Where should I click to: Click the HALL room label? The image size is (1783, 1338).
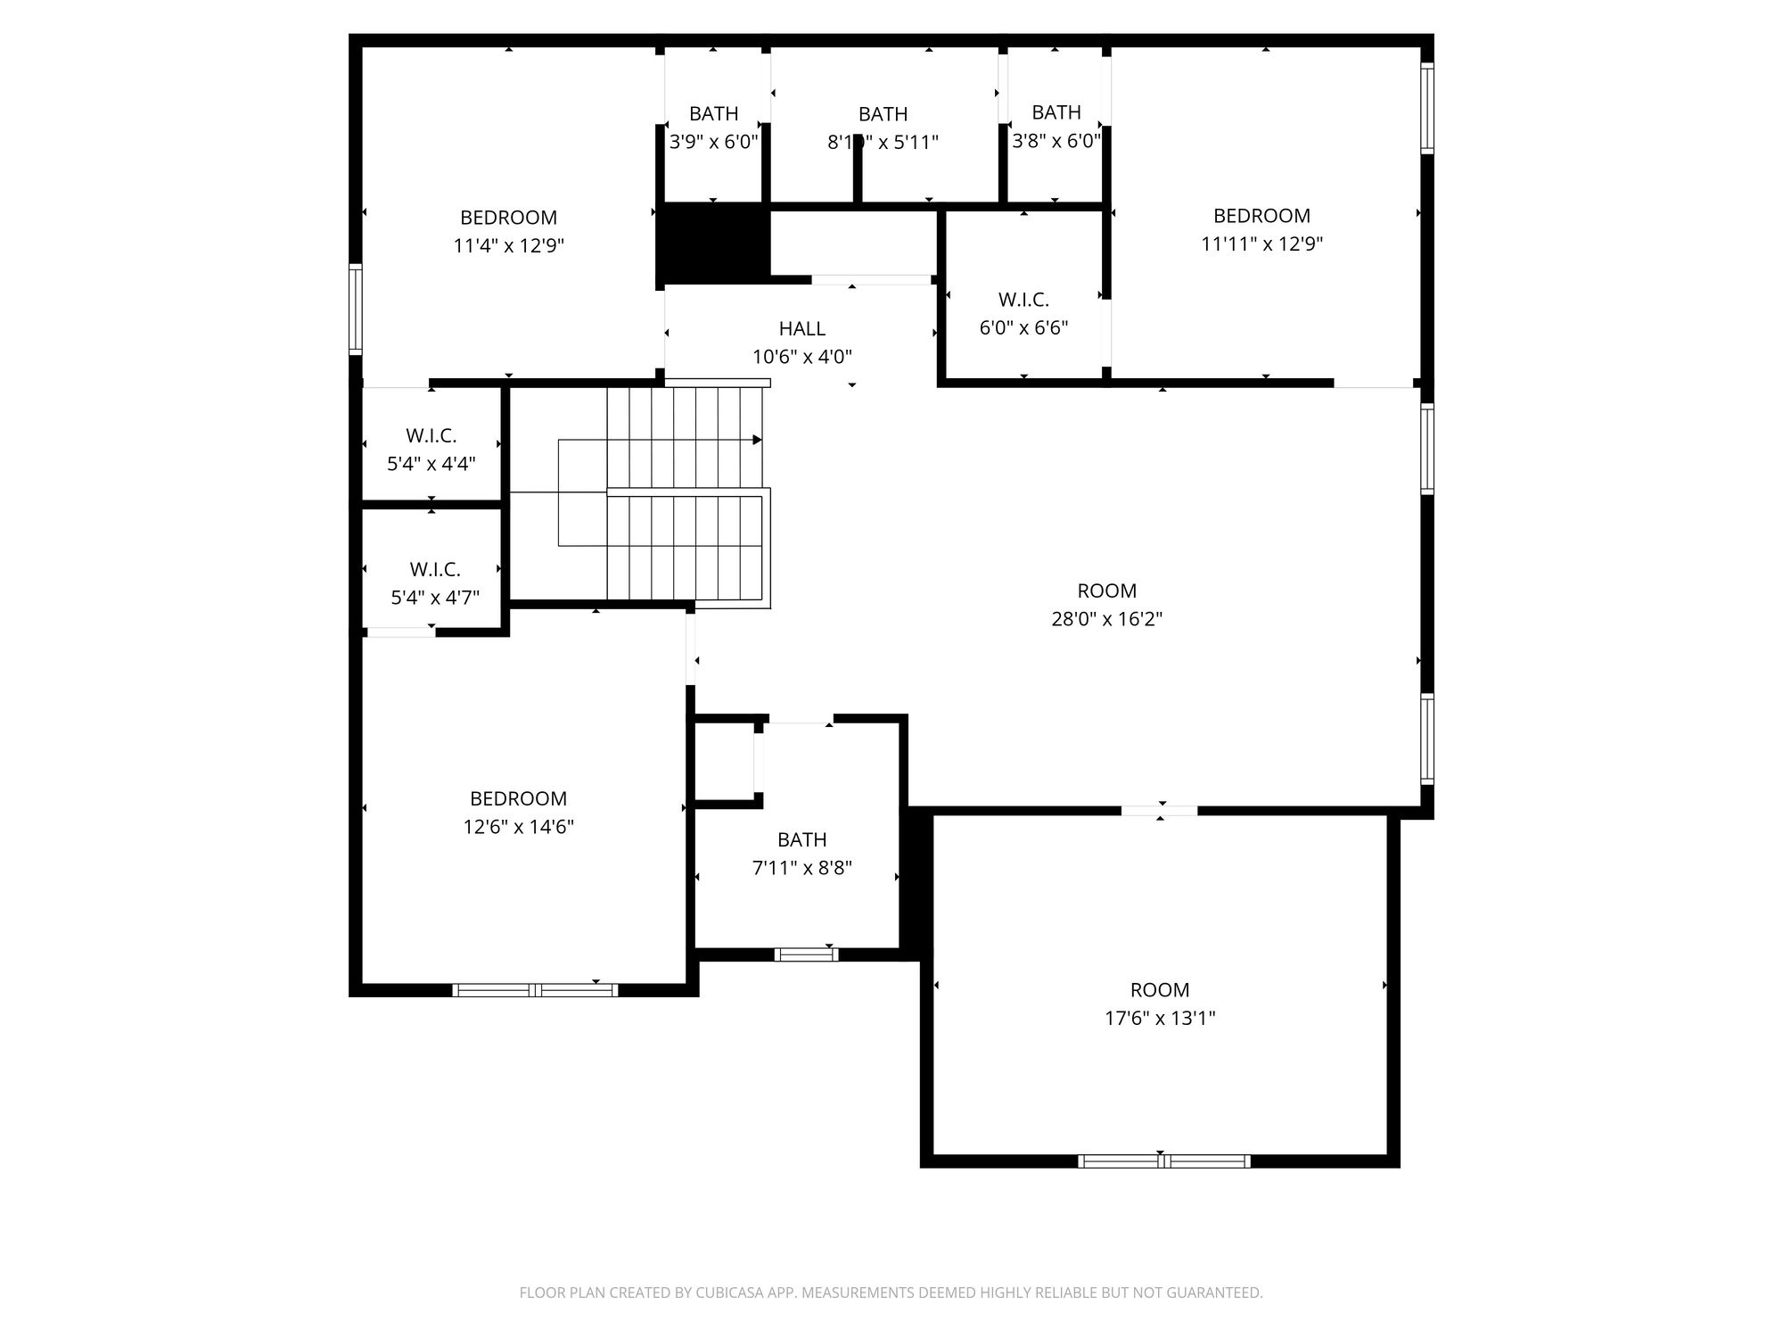pos(801,328)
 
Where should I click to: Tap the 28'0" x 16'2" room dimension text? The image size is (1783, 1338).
pos(1106,619)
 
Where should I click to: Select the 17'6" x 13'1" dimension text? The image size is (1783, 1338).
pos(1160,1018)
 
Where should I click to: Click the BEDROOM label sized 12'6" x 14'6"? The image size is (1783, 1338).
pos(518,798)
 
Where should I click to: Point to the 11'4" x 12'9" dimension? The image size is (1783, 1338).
pos(508,245)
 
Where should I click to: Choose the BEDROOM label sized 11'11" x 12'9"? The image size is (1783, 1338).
pos(1261,216)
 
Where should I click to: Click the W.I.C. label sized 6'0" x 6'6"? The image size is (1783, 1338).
pos(1023,300)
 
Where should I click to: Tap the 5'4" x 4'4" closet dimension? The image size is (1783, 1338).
pos(431,464)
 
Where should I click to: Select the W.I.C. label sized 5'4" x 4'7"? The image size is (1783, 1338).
pos(435,569)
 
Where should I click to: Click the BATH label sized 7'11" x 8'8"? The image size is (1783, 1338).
pos(801,839)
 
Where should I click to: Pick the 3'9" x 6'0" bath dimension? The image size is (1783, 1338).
pos(713,142)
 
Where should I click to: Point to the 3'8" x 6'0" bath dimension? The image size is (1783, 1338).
pos(1056,141)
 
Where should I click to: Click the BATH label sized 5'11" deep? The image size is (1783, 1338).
pos(883,114)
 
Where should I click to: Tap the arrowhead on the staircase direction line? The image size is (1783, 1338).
pos(757,440)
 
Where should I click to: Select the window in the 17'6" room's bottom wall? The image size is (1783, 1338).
pos(1163,1160)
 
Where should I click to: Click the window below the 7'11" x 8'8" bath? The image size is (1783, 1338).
pos(806,954)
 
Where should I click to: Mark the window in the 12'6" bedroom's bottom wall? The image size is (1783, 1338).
pos(535,989)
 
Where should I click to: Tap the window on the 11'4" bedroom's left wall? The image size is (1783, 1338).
pos(356,309)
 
